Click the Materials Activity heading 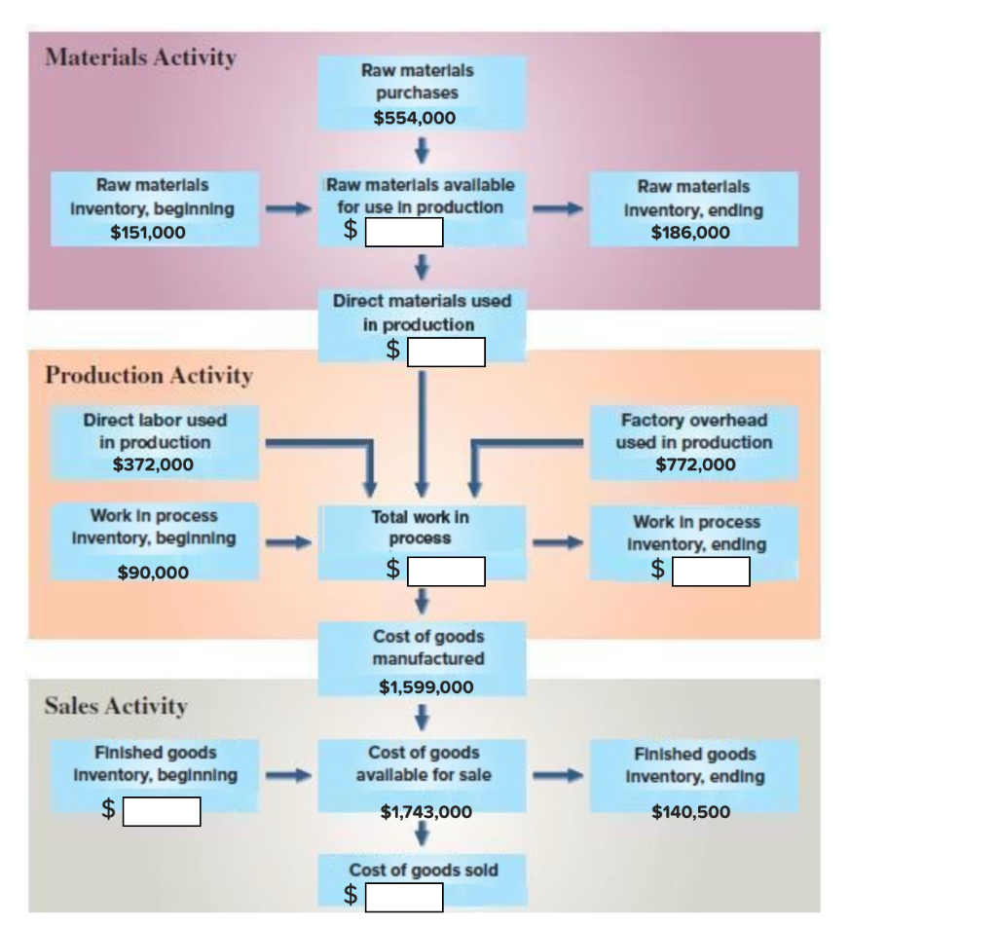(140, 57)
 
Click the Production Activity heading (149, 375)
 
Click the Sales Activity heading (116, 706)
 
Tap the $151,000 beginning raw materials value (148, 232)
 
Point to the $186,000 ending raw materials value (690, 232)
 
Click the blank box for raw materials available (404, 233)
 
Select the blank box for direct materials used (446, 352)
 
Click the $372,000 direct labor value (153, 464)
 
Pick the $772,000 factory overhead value (695, 464)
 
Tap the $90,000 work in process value (153, 573)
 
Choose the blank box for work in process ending (711, 572)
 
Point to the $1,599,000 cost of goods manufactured (425, 687)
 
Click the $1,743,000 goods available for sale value (425, 811)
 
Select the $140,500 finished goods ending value (690, 811)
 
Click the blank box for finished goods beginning (161, 811)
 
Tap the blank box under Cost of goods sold (404, 897)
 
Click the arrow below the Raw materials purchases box (422, 151)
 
